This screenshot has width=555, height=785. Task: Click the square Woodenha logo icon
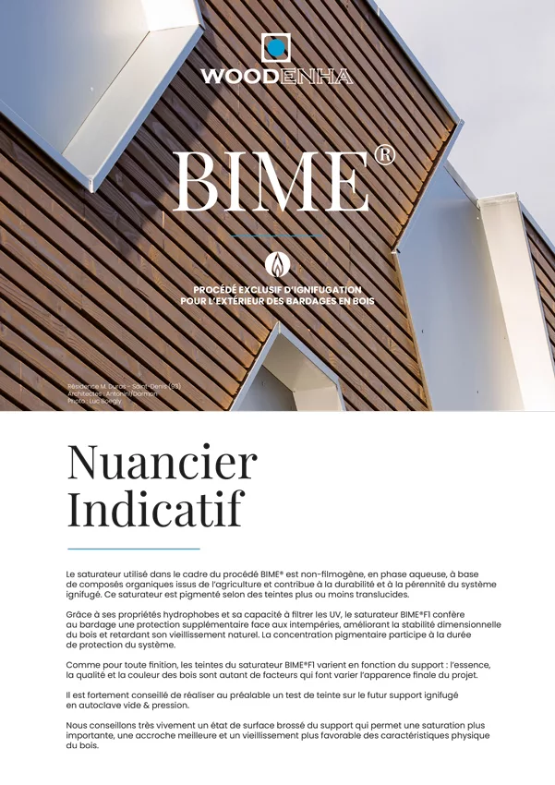[x=276, y=47]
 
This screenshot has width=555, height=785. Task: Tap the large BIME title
[x=271, y=180]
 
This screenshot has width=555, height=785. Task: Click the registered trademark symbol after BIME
[x=384, y=154]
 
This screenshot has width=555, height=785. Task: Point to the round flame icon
[x=277, y=264]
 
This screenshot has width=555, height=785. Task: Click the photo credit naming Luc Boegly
[x=95, y=402]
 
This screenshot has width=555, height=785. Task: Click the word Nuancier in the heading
[x=162, y=462]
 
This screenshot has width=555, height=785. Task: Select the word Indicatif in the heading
[x=155, y=508]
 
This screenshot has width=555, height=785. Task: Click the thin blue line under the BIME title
[x=277, y=235]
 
